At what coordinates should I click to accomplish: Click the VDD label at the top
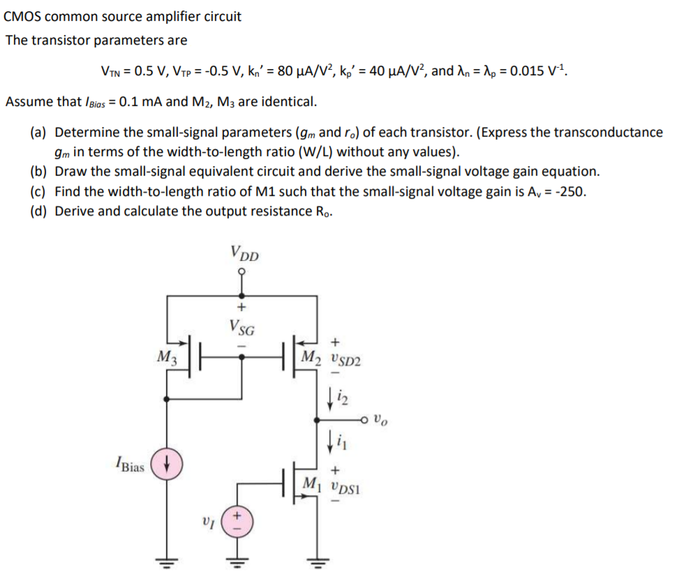click(x=244, y=254)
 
